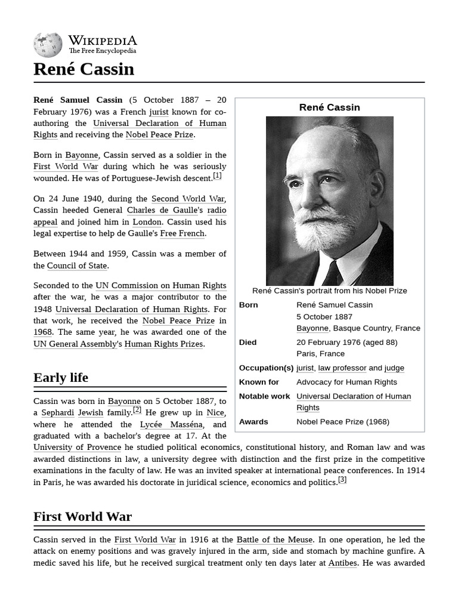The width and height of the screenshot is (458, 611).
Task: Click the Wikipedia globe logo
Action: [48, 45]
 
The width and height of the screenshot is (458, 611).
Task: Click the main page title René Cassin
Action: [83, 69]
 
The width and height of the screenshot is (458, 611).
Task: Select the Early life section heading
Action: [61, 378]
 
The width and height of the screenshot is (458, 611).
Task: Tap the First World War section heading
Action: [82, 517]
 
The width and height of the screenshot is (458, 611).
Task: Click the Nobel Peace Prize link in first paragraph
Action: [159, 135]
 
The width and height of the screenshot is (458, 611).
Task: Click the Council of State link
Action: [77, 266]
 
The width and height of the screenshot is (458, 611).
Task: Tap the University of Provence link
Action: [77, 448]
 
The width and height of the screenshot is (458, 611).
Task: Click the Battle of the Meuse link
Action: [274, 540]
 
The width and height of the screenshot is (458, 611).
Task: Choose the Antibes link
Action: [342, 563]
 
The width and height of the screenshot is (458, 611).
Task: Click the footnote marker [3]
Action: [342, 480]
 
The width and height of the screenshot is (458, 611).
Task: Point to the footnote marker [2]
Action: [137, 410]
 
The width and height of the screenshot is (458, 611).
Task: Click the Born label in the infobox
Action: [249, 305]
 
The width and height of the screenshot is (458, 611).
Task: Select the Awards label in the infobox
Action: [253, 422]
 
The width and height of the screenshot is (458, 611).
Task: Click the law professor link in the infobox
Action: [342, 368]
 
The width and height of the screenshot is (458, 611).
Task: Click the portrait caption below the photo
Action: [329, 291]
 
